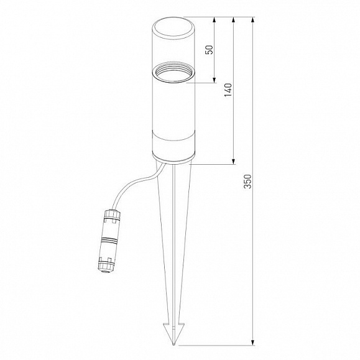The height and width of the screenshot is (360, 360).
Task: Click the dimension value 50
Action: (209, 50)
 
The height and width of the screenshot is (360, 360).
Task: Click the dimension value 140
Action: (228, 90)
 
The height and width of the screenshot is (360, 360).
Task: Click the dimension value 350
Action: (247, 182)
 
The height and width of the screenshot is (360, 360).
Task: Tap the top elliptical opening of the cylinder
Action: (173, 28)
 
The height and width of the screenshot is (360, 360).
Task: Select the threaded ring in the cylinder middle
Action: (173, 72)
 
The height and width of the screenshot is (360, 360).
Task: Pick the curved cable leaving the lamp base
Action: (138, 183)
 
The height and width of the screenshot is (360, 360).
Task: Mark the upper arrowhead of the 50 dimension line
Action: (215, 20)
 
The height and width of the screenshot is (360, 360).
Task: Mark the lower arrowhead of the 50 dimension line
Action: (215, 80)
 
